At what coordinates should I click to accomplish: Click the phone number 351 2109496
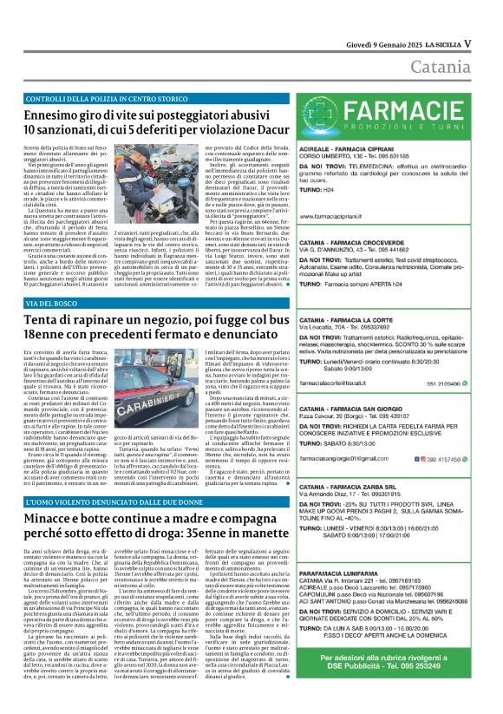(x=457, y=357)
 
